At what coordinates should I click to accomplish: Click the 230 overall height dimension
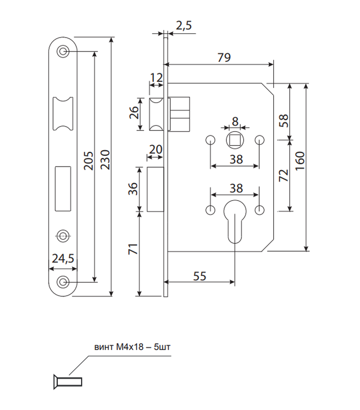pyautogui.click(x=105, y=160)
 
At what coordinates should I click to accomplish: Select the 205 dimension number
pyautogui.click(x=88, y=161)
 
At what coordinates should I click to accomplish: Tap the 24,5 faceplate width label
pyautogui.click(x=63, y=258)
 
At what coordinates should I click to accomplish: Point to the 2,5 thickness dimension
pyautogui.click(x=184, y=25)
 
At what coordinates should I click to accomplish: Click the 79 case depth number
pyautogui.click(x=224, y=57)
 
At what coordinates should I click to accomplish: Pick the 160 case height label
pyautogui.click(x=300, y=161)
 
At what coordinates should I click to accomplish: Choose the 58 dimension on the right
pyautogui.click(x=284, y=121)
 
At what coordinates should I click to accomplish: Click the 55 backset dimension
pyautogui.click(x=199, y=276)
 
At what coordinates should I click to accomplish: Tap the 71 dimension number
pyautogui.click(x=133, y=249)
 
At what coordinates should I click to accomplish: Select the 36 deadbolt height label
pyautogui.click(x=133, y=189)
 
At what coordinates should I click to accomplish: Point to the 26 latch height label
pyautogui.click(x=134, y=112)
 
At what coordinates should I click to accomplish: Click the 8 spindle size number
pyautogui.click(x=235, y=121)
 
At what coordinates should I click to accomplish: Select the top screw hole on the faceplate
pyautogui.click(x=63, y=51)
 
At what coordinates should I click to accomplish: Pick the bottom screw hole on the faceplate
pyautogui.click(x=63, y=282)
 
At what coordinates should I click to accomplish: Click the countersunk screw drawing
pyautogui.click(x=68, y=382)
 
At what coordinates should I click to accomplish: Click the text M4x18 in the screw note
pyautogui.click(x=130, y=347)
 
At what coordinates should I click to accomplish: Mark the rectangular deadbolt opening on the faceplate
pyautogui.click(x=63, y=189)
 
